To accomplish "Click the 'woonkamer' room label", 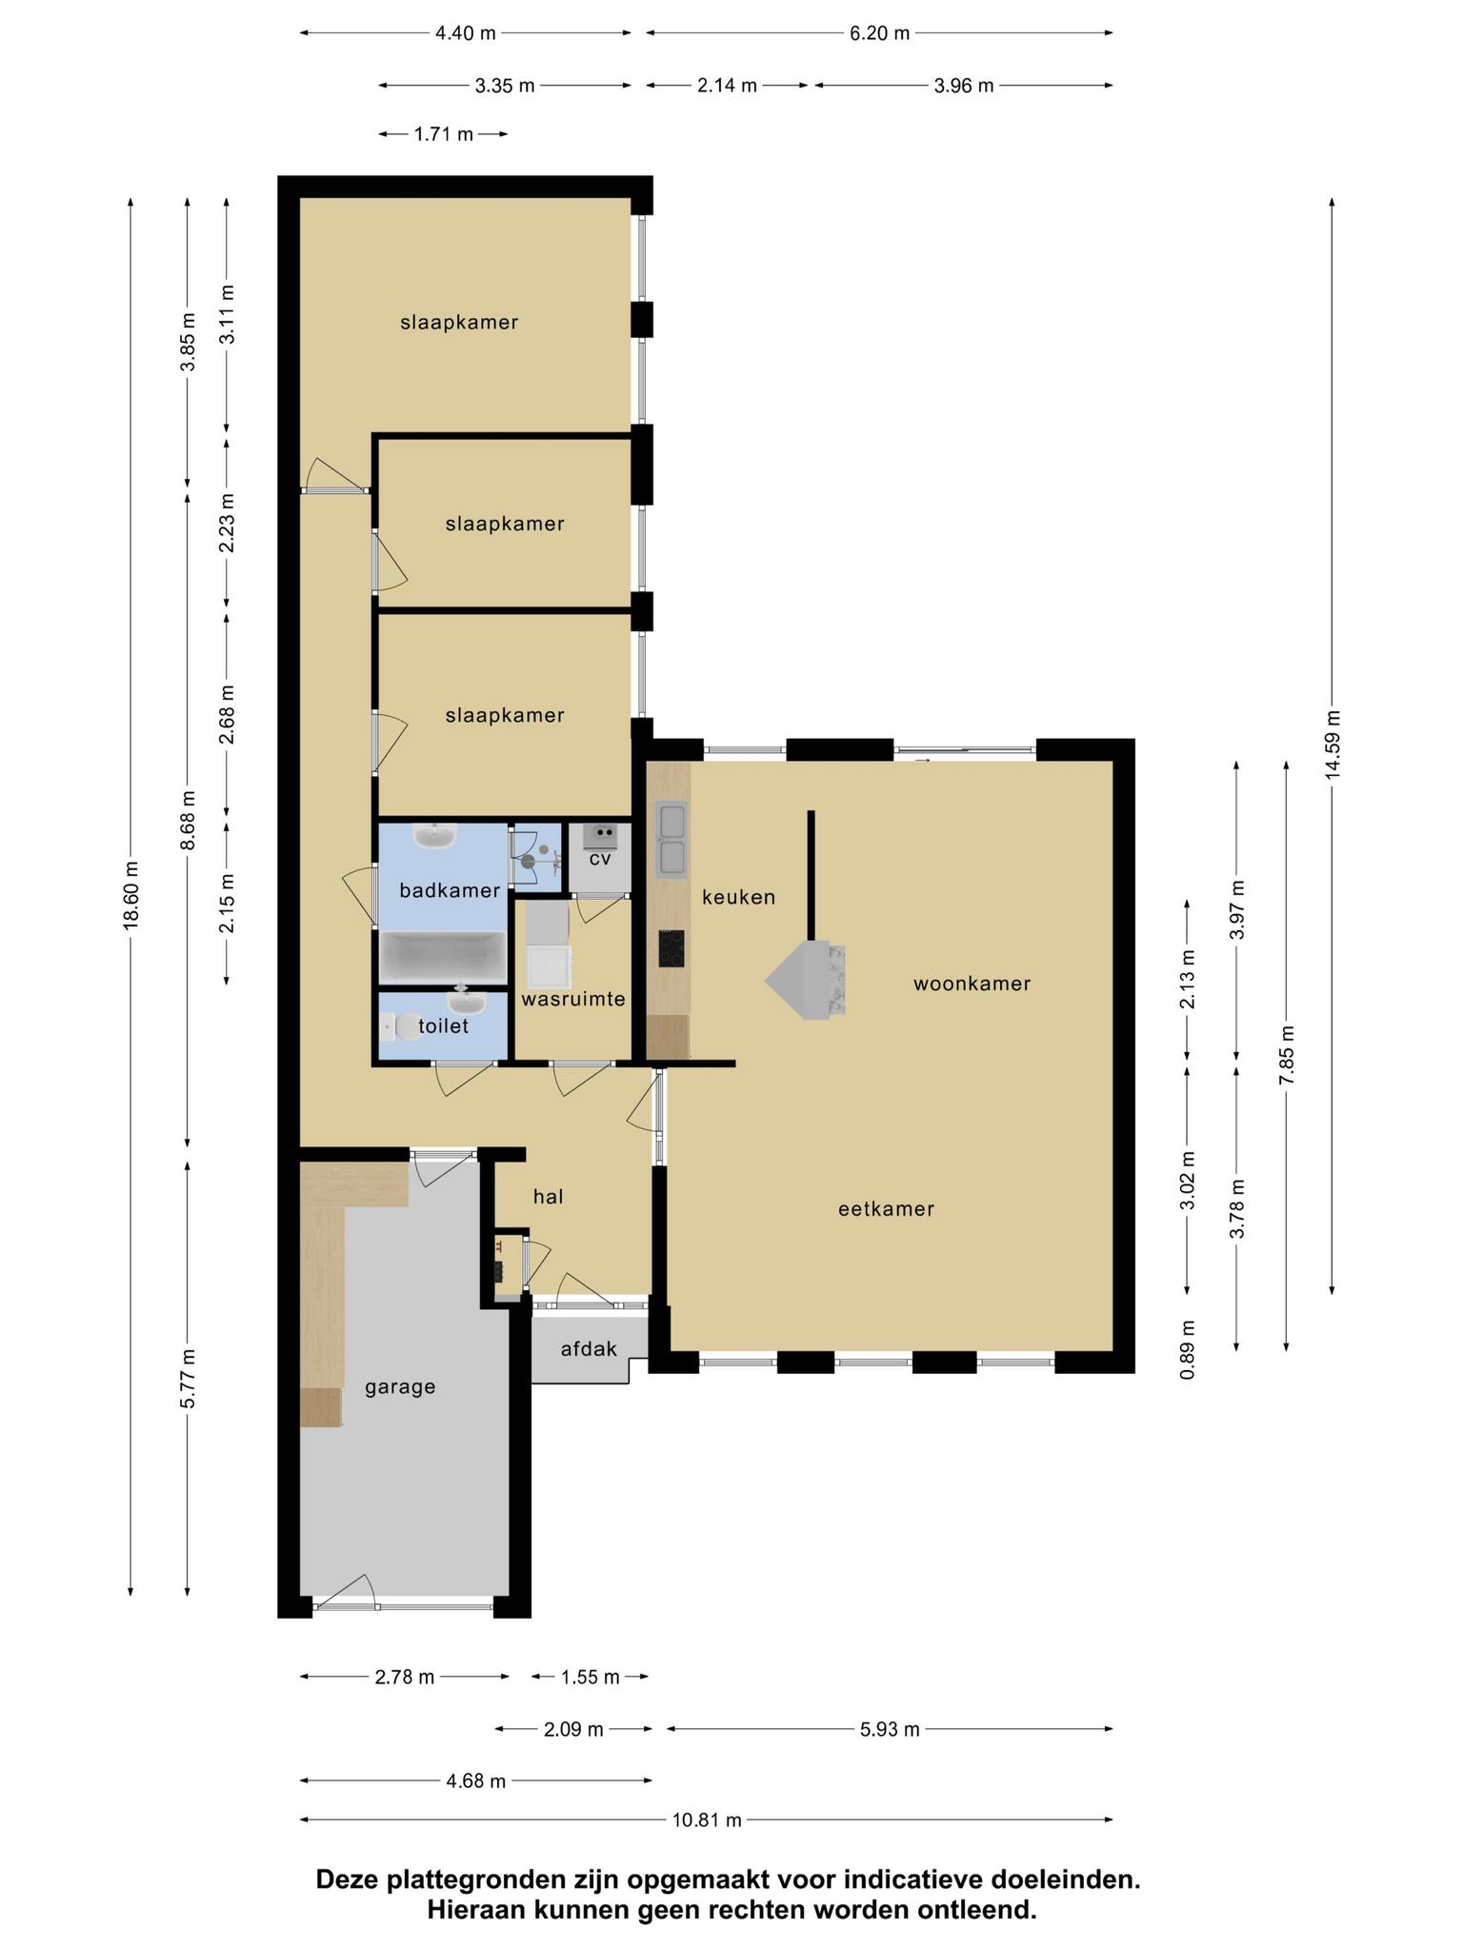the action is tap(972, 984).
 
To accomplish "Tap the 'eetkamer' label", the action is tap(886, 1208).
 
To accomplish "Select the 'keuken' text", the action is tap(738, 897).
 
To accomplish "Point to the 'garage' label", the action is tap(400, 1387).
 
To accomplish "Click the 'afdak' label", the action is tap(589, 1349).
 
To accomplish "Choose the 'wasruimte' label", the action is tap(572, 1000).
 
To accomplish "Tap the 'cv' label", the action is tap(599, 859).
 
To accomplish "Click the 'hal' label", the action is tap(548, 1197).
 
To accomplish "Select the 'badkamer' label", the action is tap(450, 891).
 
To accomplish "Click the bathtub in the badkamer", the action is tap(442, 958).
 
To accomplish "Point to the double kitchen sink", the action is tap(671, 840).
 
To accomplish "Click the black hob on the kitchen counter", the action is tap(671, 948).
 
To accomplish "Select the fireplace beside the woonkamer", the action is tap(807, 980).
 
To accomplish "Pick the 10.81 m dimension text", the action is tap(707, 1821).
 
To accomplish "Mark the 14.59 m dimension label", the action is tap(1332, 745).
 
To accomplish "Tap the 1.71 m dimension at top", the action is tap(443, 134).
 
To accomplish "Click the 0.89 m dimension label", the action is tap(1187, 1349).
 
